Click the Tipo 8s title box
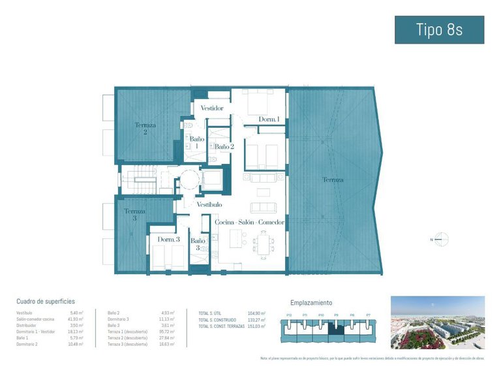pyautogui.click(x=439, y=29)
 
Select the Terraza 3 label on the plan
pyautogui.click(x=135, y=215)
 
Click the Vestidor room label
pyautogui.click(x=212, y=108)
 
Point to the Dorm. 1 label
pyautogui.click(x=269, y=119)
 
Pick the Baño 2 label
pyautogui.click(x=224, y=147)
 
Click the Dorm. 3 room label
pyautogui.click(x=168, y=240)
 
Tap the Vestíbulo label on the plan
pyautogui.click(x=209, y=204)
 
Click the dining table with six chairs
pyautogui.click(x=264, y=245)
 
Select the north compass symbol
pyautogui.click(x=442, y=240)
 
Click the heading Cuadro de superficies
pyautogui.click(x=46, y=302)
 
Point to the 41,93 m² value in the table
pyautogui.click(x=76, y=319)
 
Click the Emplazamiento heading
pyautogui.click(x=311, y=303)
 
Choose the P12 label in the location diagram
pyautogui.click(x=289, y=315)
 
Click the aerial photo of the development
pyautogui.click(x=437, y=322)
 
